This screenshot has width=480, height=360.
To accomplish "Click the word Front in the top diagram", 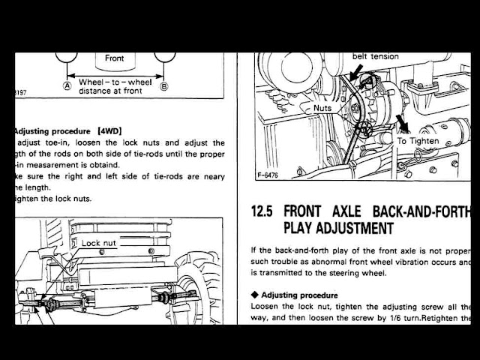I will [x=115, y=57].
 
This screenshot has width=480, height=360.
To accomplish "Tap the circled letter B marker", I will [x=165, y=85].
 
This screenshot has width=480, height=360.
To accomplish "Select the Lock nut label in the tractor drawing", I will [x=100, y=243].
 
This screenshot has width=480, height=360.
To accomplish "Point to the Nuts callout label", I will [x=322, y=108].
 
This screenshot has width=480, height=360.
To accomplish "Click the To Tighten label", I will [x=418, y=140].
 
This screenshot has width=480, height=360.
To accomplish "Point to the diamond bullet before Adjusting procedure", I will [x=256, y=295].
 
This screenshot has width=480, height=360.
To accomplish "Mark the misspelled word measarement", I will [x=58, y=166].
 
